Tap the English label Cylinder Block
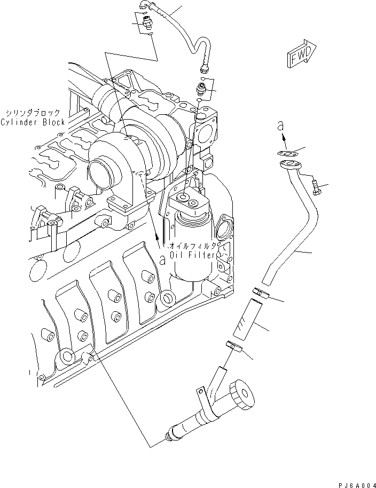pos(33,122)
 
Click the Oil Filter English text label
pos(193,256)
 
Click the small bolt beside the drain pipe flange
pos(316,187)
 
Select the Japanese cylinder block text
pos(33,113)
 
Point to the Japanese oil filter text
pos(193,247)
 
